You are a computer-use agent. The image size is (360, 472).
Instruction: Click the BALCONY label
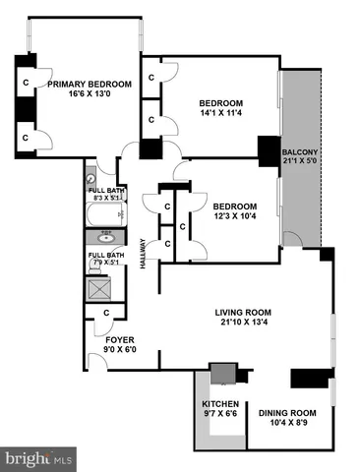click(x=300, y=152)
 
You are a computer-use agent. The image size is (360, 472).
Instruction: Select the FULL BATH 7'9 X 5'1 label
click(x=104, y=260)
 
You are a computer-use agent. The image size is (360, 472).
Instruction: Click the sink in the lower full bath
click(x=104, y=237)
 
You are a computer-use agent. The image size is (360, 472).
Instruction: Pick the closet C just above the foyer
click(x=106, y=313)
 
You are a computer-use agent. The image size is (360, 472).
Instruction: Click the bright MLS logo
click(x=39, y=458)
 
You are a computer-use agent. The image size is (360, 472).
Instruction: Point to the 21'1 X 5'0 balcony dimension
click(x=300, y=163)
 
